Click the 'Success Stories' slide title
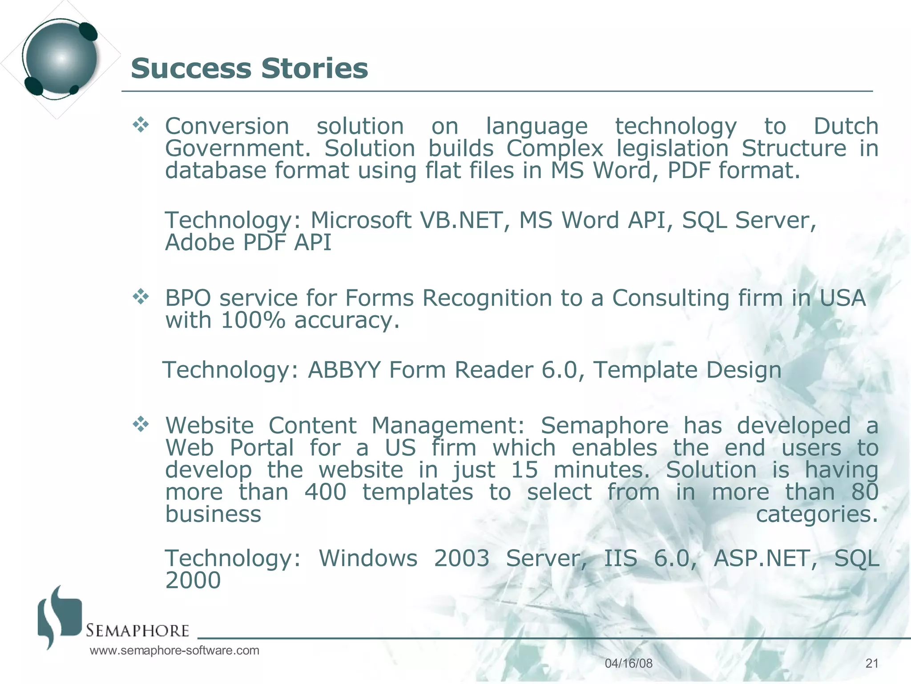(x=249, y=69)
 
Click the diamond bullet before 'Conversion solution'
(x=141, y=125)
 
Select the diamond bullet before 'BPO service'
(x=141, y=297)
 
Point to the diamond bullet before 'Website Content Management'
(x=141, y=424)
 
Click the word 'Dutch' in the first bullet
(x=846, y=126)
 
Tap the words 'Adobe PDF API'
(x=248, y=242)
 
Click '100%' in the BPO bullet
(x=253, y=320)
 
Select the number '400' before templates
(x=325, y=492)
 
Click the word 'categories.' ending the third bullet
(x=817, y=514)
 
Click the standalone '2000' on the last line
(x=193, y=580)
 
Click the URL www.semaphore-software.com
(x=174, y=651)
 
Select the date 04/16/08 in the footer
(x=629, y=664)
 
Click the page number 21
(x=872, y=664)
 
